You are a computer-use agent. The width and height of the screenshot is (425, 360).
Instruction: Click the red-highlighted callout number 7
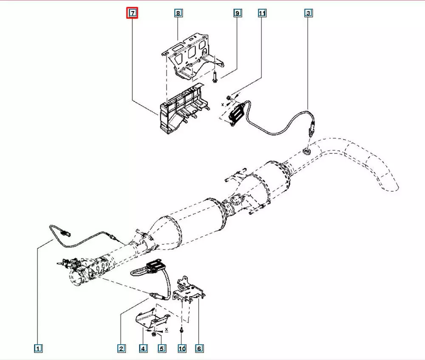pos(133,14)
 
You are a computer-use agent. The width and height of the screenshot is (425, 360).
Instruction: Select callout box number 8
pos(178,14)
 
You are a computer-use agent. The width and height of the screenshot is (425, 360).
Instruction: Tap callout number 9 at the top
pos(237,14)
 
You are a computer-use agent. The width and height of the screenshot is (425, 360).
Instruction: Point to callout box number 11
pos(262,14)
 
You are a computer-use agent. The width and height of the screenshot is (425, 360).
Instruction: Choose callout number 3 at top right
pos(309,14)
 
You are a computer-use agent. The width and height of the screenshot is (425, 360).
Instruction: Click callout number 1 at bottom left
pos(38,349)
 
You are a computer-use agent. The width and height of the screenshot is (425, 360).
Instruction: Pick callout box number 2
pos(121,349)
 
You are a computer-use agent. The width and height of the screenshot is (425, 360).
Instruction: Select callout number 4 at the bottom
pos(143,349)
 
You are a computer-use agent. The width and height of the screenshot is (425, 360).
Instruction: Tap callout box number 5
pos(161,349)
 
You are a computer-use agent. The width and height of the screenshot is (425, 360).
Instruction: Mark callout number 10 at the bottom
pos(182,349)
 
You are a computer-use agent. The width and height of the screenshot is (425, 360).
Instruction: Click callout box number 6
pos(198,349)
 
